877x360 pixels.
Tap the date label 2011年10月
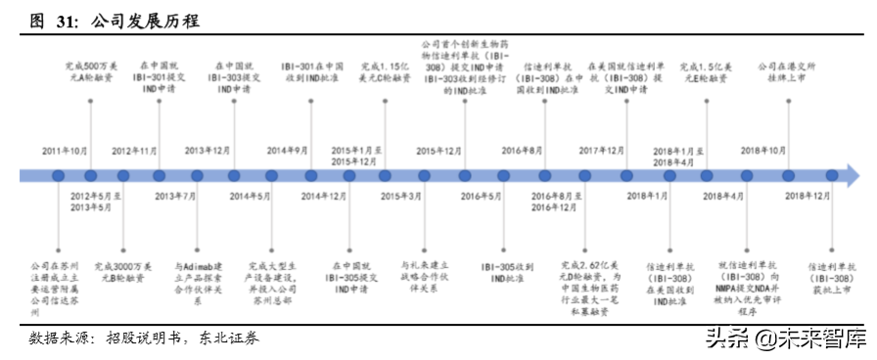click(65, 151)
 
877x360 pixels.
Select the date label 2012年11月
click(134, 151)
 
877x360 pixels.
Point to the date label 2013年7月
click(175, 197)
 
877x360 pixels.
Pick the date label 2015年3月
click(401, 197)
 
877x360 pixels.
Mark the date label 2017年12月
click(602, 151)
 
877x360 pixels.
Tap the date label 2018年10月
click(763, 151)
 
